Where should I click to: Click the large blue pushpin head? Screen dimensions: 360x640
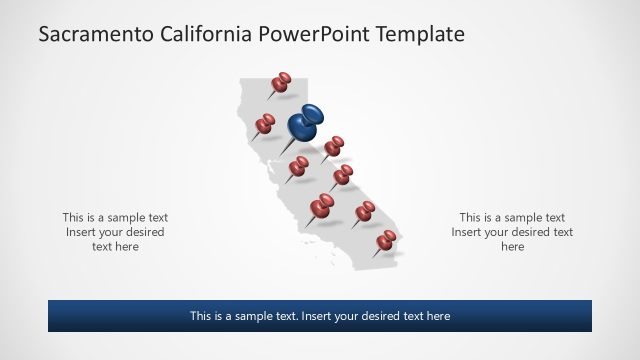click(x=306, y=122)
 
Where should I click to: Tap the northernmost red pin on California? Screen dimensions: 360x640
click(x=282, y=81)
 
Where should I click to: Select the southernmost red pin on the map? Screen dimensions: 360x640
click(x=386, y=240)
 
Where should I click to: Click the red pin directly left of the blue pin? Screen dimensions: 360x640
click(x=265, y=123)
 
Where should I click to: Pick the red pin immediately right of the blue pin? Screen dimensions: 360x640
click(x=334, y=146)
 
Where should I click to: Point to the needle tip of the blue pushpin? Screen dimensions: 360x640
click(x=281, y=155)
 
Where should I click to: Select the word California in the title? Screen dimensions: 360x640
click(x=205, y=35)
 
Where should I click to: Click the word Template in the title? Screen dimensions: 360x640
click(x=421, y=35)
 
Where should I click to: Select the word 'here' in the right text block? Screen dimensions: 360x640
click(x=512, y=246)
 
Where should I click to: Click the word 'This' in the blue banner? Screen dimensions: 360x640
click(x=201, y=316)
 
